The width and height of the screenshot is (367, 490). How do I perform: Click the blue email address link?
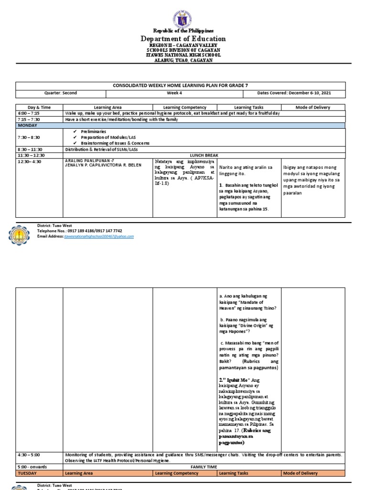pos(98,236)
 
